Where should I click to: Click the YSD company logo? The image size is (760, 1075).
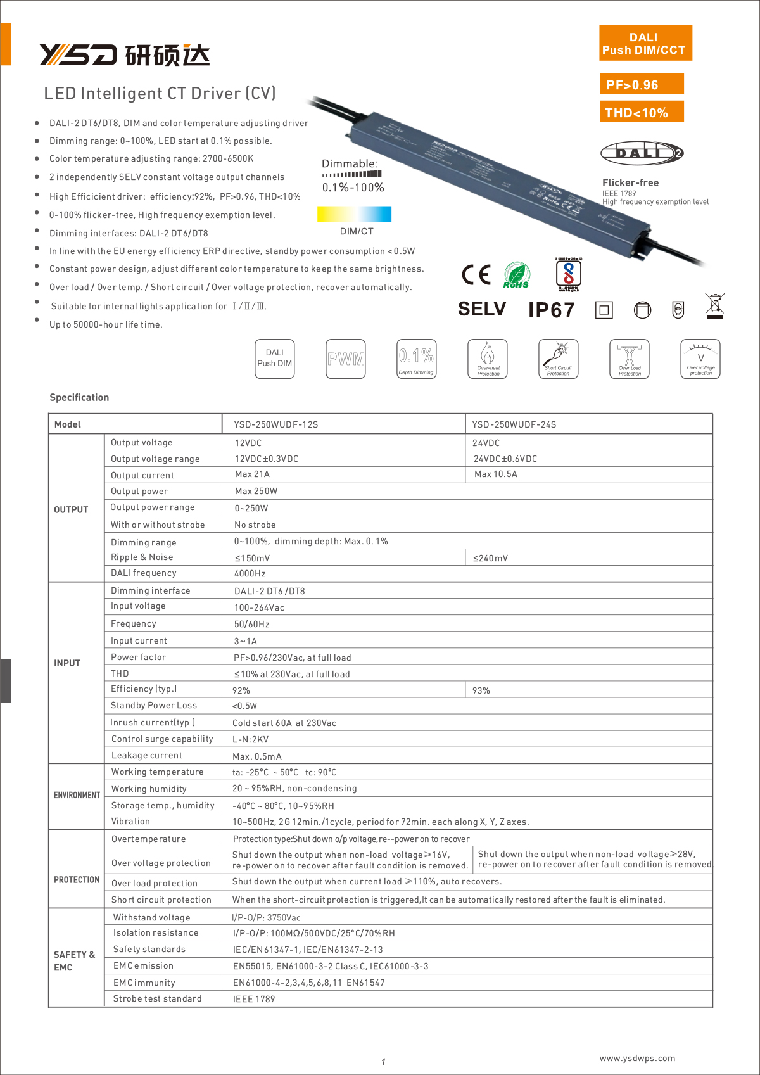coord(124,55)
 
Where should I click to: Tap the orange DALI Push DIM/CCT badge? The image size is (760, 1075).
coord(645,44)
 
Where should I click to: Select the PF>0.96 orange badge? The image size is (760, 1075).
coord(641,84)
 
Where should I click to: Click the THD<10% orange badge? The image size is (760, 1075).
coord(641,112)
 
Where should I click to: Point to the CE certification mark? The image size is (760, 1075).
coord(476,274)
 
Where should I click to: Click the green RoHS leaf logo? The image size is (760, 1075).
coord(517,276)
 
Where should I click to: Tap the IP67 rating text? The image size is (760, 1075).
coord(551,310)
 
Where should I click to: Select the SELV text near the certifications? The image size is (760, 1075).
coord(482,309)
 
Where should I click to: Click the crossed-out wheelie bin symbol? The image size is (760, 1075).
coord(714,306)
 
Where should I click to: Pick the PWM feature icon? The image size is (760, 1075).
coord(346,359)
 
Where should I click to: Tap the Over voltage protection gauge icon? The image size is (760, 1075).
coord(700,359)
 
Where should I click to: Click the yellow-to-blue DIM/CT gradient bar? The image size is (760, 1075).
coord(354,213)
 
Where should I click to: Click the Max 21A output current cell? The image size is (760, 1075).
coord(252,474)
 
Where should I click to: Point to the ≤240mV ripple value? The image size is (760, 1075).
coord(490,558)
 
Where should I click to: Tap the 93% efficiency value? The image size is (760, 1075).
coord(481,690)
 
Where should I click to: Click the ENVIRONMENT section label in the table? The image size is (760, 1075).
coord(77,795)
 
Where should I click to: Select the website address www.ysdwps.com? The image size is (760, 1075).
coord(637,1058)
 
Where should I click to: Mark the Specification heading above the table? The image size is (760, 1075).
coord(79,397)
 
